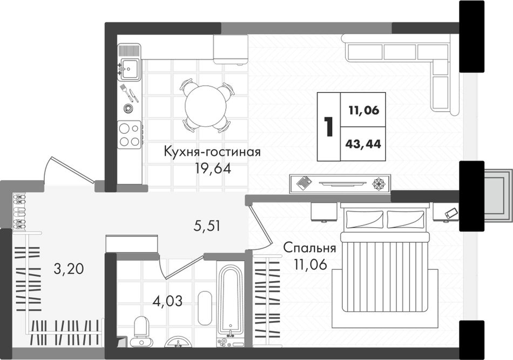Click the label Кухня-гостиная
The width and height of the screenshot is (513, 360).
(x=212, y=152)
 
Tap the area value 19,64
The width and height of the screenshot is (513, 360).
(x=213, y=168)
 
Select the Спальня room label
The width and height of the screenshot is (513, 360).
(x=309, y=248)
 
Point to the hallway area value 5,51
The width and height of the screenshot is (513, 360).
(x=206, y=226)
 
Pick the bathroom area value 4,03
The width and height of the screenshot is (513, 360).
(x=167, y=301)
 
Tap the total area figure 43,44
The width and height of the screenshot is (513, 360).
(x=363, y=144)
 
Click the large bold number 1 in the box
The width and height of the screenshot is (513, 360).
(x=328, y=127)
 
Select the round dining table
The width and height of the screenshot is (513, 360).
(x=206, y=106)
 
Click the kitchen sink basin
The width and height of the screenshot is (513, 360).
(x=130, y=69)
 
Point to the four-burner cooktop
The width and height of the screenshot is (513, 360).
(x=129, y=135)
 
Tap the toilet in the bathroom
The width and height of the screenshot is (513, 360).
(x=141, y=331)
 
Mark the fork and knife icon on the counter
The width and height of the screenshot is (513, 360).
(x=130, y=93)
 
